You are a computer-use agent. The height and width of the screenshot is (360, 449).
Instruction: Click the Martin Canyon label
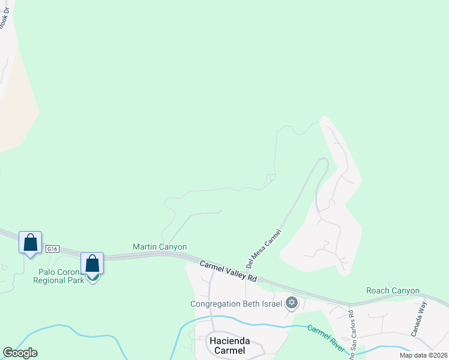click(x=160, y=247)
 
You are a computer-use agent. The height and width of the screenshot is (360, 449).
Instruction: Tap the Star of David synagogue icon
click(x=292, y=302)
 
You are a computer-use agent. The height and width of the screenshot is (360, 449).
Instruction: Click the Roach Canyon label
click(x=393, y=290)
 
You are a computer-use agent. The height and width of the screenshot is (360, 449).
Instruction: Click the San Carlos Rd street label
click(x=351, y=329)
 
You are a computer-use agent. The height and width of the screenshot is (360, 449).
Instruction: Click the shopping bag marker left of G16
click(x=30, y=243)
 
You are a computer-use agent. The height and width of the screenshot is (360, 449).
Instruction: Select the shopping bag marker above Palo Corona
click(x=92, y=263)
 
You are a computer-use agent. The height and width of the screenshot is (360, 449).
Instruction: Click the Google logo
click(x=20, y=353)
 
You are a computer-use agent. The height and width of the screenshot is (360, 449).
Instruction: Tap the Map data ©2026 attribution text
click(x=423, y=355)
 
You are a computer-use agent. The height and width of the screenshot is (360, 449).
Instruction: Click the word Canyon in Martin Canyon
click(x=173, y=247)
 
